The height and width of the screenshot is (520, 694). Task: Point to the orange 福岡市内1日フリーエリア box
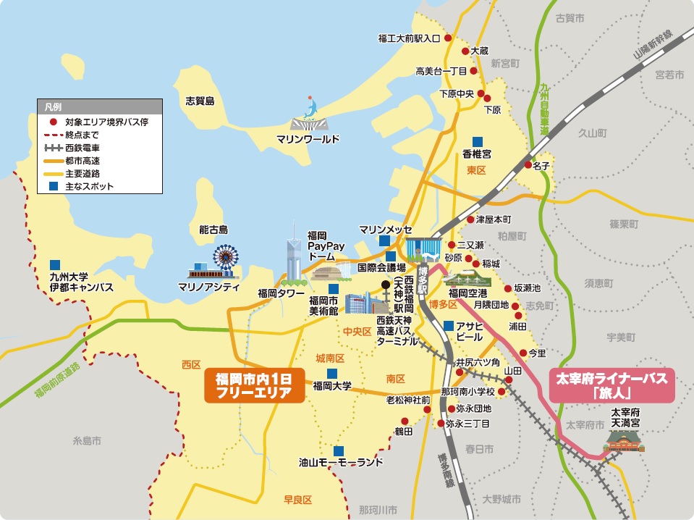click(x=253, y=385)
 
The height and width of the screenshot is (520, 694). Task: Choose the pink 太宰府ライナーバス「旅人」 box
click(x=612, y=385)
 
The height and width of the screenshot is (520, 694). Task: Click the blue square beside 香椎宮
click(x=477, y=141)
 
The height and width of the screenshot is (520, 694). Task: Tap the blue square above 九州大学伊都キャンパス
click(x=55, y=264)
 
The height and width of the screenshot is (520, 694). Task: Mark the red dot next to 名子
click(x=528, y=166)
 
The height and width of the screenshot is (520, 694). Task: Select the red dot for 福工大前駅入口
click(x=447, y=38)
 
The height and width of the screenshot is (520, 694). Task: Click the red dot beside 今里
click(x=523, y=353)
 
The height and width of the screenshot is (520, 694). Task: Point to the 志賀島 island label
click(x=200, y=101)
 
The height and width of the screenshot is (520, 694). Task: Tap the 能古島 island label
click(x=213, y=230)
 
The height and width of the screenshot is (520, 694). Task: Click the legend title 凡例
click(x=53, y=106)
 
